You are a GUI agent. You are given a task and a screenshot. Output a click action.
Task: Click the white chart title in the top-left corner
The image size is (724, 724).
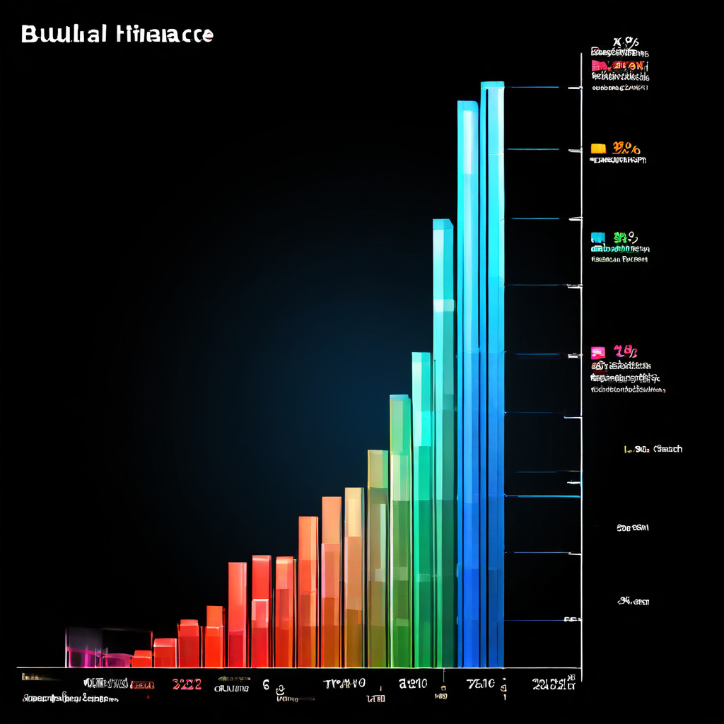pyautogui.click(x=117, y=34)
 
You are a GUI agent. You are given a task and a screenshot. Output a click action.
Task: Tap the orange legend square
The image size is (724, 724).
pyautogui.click(x=598, y=148)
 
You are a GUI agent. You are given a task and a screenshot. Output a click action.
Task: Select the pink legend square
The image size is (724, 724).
pyautogui.click(x=598, y=352)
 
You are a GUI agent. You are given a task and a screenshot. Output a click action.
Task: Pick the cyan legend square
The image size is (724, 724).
pyautogui.click(x=598, y=238)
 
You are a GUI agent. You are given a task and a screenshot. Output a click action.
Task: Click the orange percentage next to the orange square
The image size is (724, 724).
pyautogui.click(x=626, y=148)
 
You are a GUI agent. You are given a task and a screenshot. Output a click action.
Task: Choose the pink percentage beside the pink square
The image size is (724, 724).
pyautogui.click(x=626, y=351)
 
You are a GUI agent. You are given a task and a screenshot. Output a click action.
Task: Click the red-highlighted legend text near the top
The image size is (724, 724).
pyautogui.click(x=619, y=66)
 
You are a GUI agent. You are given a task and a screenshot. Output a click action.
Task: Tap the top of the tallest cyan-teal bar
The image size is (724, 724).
pyautogui.click(x=443, y=224)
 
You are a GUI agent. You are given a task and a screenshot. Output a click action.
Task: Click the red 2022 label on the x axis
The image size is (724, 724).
pyautogui.click(x=187, y=684)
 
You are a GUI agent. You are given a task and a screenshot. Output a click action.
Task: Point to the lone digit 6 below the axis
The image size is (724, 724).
pyautogui.click(x=266, y=684)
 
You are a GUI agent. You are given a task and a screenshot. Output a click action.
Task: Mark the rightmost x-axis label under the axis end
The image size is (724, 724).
pyautogui.click(x=553, y=684)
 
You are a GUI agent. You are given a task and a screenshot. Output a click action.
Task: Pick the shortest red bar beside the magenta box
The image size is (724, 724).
pyautogui.click(x=142, y=659)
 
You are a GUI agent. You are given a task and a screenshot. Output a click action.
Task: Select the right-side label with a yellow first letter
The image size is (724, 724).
pyautogui.click(x=653, y=449)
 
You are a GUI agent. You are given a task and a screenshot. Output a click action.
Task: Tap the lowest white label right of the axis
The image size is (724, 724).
pyautogui.click(x=633, y=602)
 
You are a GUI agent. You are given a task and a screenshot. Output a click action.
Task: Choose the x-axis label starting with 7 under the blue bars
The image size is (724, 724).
pyautogui.click(x=484, y=684)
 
